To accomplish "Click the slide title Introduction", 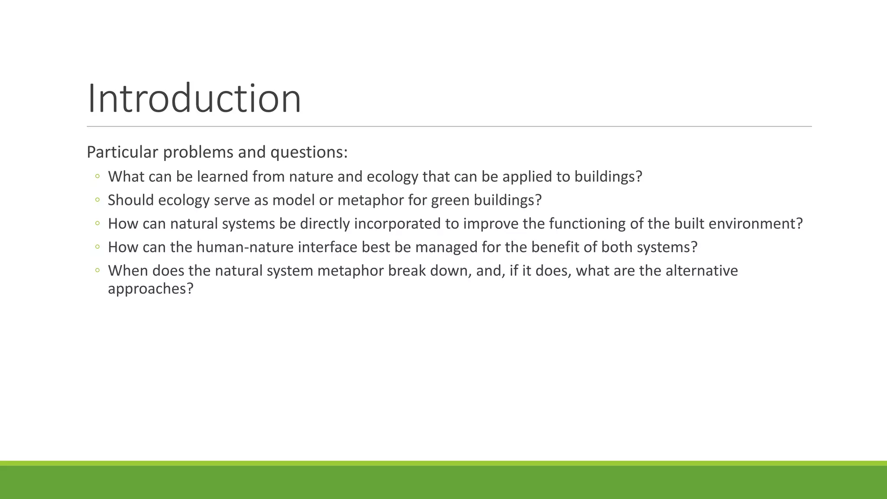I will coord(194,99).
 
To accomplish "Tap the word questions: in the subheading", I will coord(309,152).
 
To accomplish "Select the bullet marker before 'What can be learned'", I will coord(97,176).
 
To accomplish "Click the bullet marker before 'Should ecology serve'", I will coord(97,200).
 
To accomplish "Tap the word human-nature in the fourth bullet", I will coord(245,247).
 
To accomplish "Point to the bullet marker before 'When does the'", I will coord(97,270).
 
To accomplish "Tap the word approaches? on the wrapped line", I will coord(150,288).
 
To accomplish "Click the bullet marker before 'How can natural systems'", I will coord(97,224).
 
